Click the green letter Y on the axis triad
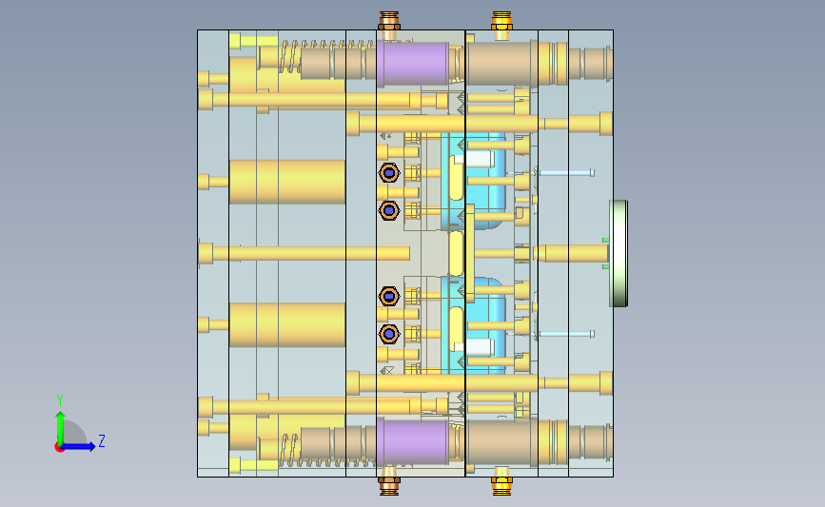(60, 400)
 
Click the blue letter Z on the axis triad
(102, 440)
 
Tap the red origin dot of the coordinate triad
(59, 448)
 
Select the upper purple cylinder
(413, 64)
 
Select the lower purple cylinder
(413, 441)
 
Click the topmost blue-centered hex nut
(389, 172)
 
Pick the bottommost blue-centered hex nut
(389, 334)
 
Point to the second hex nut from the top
(389, 210)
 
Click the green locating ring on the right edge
(619, 253)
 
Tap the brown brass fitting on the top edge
(389, 21)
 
